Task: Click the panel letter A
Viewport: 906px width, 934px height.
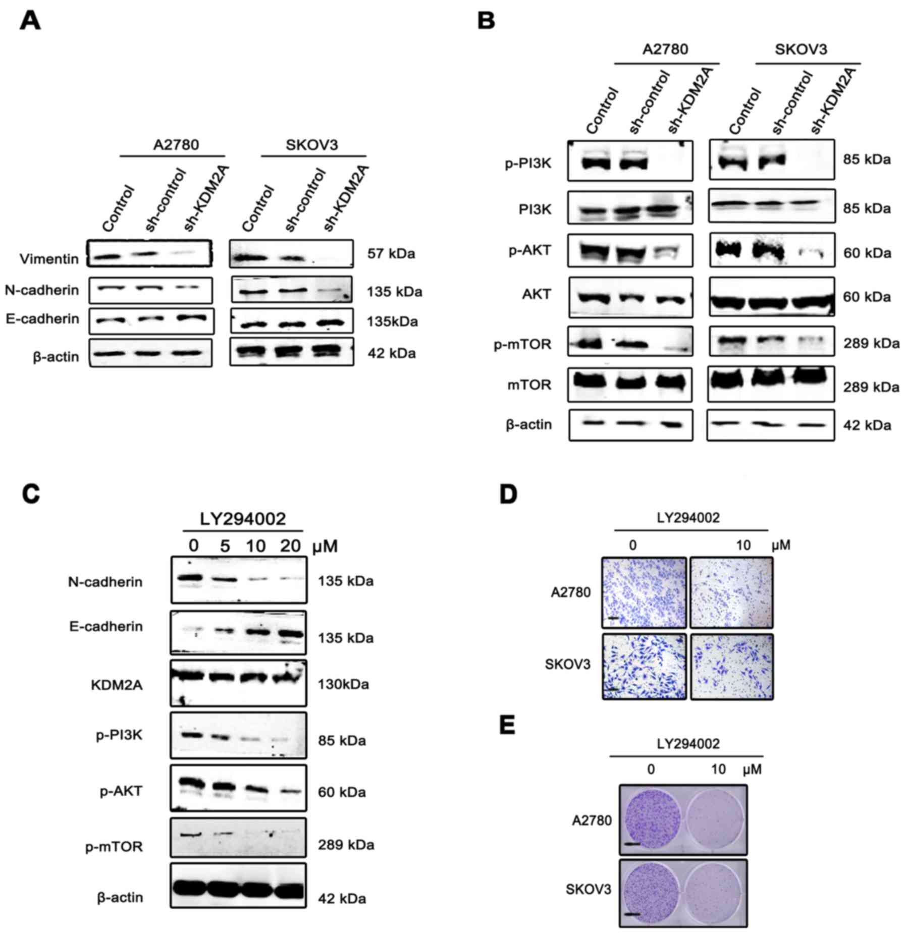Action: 30,22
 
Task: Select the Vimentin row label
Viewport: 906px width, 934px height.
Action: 49,259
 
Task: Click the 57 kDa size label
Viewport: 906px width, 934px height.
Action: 391,253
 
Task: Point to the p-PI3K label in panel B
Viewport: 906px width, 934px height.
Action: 528,163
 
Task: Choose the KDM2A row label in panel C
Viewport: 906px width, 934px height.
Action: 117,685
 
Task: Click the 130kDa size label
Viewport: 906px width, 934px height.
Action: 343,684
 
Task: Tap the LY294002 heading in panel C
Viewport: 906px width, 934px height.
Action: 243,518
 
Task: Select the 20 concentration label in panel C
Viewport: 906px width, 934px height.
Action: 290,546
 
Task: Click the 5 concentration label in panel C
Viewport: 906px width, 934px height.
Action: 225,546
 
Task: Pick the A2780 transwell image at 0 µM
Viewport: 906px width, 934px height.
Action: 644,592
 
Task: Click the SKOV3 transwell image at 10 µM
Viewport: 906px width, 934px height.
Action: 731,667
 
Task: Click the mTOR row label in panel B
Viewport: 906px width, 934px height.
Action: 536,385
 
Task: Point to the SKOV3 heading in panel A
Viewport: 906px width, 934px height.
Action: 311,145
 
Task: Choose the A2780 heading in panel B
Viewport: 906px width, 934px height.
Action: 665,49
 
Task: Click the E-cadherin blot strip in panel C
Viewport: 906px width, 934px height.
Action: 238,632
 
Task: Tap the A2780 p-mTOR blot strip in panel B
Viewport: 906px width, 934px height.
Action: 630,342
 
